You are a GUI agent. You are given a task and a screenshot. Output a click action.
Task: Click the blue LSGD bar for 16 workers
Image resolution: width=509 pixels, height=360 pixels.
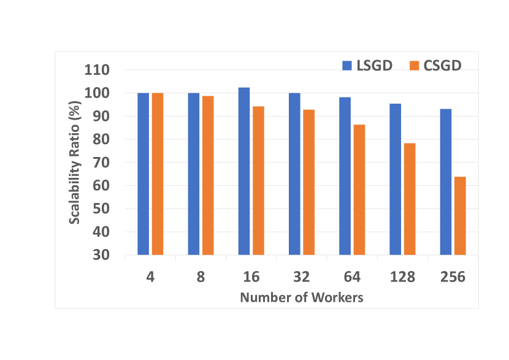pyautogui.click(x=244, y=171)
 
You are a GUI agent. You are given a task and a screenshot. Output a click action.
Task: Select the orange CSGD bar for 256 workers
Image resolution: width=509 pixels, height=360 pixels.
pyautogui.click(x=459, y=215)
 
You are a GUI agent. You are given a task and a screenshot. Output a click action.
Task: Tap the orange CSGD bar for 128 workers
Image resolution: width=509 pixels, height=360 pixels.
pyautogui.click(x=409, y=199)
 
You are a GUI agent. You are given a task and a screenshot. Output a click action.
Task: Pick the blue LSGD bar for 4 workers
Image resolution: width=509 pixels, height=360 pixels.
pyautogui.click(x=144, y=174)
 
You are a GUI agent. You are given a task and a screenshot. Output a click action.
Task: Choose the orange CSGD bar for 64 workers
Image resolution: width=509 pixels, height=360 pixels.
pyautogui.click(x=359, y=190)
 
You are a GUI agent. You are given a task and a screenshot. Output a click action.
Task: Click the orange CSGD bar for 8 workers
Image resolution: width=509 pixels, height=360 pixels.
pyautogui.click(x=208, y=175)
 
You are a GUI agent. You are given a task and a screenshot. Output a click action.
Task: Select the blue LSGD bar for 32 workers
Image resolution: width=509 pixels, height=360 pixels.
pyautogui.click(x=294, y=174)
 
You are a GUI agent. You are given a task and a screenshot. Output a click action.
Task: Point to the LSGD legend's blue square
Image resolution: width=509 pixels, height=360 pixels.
pyautogui.click(x=346, y=65)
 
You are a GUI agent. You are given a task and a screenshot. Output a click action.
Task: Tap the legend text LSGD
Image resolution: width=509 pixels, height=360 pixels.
pyautogui.click(x=374, y=66)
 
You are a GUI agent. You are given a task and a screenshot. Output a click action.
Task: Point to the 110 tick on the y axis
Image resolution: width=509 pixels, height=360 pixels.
pyautogui.click(x=97, y=70)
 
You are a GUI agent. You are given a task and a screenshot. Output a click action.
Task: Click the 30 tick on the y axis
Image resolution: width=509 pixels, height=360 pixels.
pyautogui.click(x=101, y=255)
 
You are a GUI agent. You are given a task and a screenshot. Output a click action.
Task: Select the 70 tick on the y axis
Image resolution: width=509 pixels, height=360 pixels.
pyautogui.click(x=101, y=163)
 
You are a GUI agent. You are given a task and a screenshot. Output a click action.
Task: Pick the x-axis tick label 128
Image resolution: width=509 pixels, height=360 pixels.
pyautogui.click(x=402, y=277)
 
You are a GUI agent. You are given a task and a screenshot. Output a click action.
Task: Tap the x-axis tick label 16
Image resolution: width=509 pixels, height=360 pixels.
pyautogui.click(x=251, y=277)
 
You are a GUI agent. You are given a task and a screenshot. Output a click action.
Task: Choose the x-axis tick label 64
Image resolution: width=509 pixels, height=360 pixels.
pyautogui.click(x=352, y=277)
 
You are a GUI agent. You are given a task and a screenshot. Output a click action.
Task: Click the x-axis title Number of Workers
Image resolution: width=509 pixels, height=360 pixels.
pyautogui.click(x=301, y=297)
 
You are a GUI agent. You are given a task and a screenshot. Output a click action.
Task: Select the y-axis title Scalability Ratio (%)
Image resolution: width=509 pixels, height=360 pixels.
pyautogui.click(x=74, y=163)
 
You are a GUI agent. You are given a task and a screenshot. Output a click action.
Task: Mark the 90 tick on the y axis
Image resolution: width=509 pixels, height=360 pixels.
pyautogui.click(x=101, y=117)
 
